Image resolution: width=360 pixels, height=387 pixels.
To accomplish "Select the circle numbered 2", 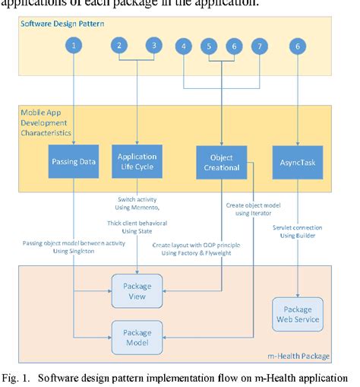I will click(119, 46).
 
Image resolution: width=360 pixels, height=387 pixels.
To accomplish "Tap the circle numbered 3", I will click(154, 46).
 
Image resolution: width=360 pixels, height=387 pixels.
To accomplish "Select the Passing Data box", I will click(74, 163).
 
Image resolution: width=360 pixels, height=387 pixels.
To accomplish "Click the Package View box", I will click(137, 293).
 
